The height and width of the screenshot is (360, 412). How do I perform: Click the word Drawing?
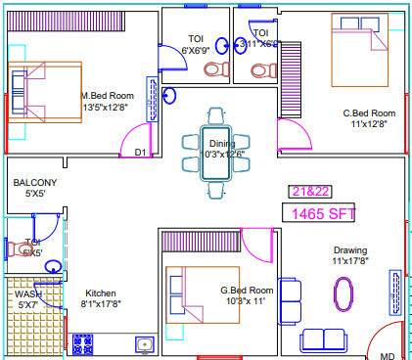349,250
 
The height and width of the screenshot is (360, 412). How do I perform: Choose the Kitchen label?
101,293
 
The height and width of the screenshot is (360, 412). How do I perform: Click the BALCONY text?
34,183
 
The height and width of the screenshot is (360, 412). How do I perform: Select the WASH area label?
26,293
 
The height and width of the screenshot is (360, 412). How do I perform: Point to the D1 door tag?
140,153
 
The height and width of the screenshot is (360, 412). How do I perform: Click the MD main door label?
387,354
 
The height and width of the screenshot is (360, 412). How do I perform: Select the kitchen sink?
144,343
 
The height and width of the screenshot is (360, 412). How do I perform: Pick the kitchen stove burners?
82,344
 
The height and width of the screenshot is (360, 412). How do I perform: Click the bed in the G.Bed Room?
201,297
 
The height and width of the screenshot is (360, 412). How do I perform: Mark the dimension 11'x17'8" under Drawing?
350,261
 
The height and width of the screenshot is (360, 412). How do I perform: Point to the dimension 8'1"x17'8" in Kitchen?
101,304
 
